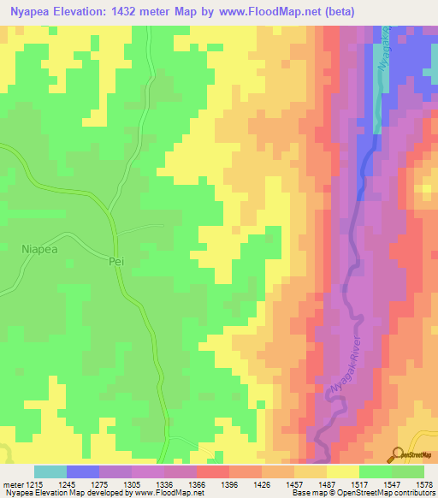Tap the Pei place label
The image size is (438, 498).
117,262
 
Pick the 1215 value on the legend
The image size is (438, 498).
34,483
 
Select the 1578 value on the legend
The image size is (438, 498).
423,483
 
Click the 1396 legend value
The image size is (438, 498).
228,483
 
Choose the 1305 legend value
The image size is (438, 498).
131,483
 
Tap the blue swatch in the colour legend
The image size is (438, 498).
82,471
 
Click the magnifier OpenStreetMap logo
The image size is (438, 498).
396,455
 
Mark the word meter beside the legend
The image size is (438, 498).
12,483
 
